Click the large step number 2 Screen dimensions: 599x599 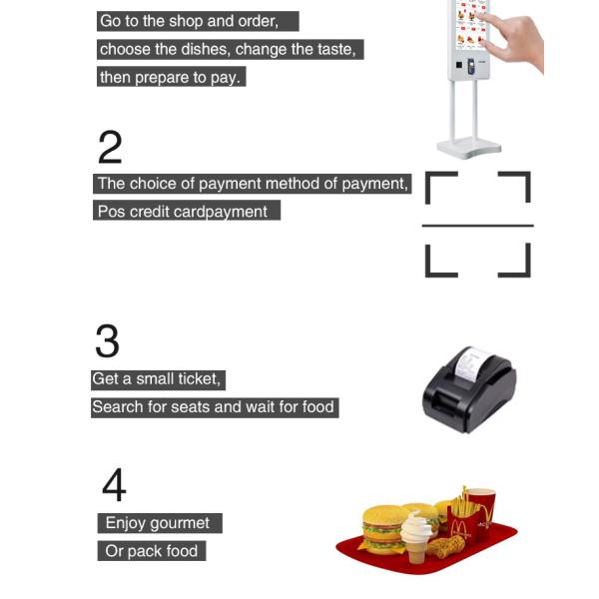point(110,147)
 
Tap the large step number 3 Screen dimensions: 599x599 point(108,340)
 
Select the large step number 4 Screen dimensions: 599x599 point(114,484)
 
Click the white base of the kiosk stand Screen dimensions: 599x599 point(469,148)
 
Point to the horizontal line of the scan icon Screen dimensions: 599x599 point(478,226)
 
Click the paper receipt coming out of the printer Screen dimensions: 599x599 point(470,362)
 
